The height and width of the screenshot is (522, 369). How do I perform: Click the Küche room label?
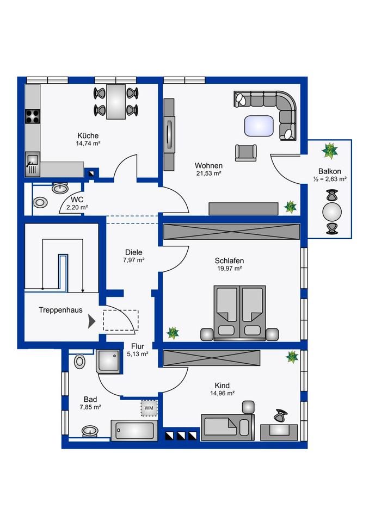click(x=88, y=135)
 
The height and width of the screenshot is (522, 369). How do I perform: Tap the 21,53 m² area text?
click(x=209, y=173)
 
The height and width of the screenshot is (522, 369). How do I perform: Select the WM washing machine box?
click(x=148, y=407)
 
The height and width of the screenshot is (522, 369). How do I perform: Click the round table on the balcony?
click(x=331, y=210)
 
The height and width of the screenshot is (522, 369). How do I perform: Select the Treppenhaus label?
click(x=60, y=310)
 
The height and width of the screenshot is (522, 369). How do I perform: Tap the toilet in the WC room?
click(x=40, y=202)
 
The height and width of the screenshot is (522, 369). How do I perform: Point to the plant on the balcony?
click(x=329, y=148)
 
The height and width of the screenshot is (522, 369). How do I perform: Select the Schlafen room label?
click(x=229, y=260)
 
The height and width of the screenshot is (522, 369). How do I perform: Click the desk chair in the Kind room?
click(x=280, y=416)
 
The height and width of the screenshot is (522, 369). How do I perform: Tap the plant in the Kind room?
click(x=292, y=357)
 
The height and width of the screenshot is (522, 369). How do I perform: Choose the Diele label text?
click(x=133, y=252)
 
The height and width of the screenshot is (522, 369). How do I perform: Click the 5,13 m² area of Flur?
click(x=138, y=353)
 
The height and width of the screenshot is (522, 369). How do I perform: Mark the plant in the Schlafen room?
click(x=173, y=332)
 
